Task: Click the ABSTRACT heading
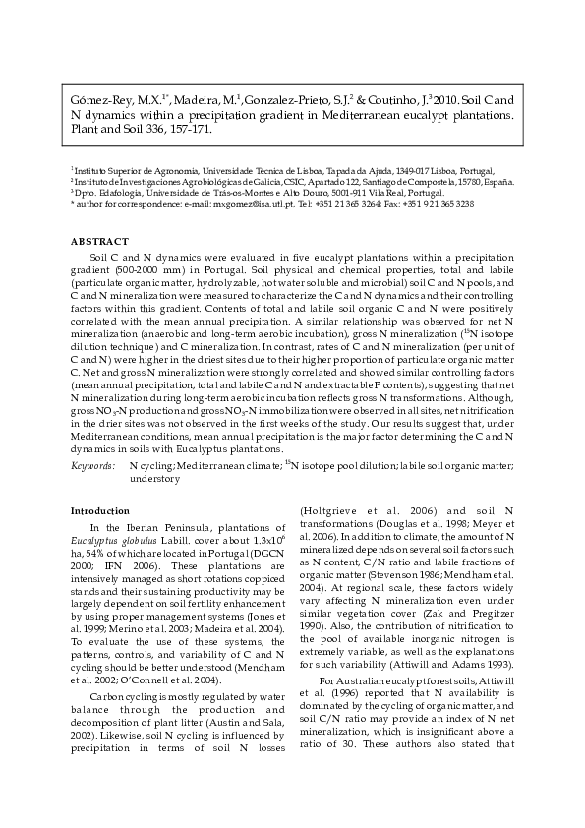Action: [x=99, y=241]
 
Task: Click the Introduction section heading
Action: [x=100, y=510]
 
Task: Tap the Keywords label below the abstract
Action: [x=90, y=462]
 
